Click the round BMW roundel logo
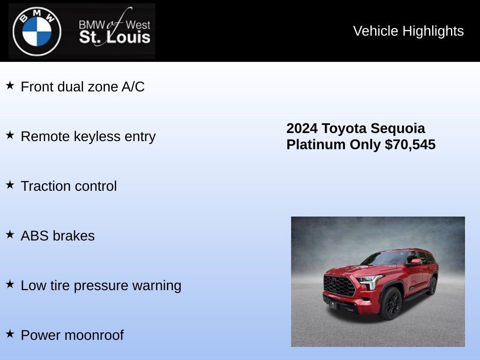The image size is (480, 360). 37,31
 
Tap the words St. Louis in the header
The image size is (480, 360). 115,37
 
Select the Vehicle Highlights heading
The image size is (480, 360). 408,31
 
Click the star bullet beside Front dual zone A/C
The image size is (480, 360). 10,86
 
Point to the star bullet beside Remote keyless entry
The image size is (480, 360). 10,135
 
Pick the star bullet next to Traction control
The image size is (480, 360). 10,185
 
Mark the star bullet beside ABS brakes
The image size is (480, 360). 10,235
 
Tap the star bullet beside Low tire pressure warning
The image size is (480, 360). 10,285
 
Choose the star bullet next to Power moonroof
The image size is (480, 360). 10,334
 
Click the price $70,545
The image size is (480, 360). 410,144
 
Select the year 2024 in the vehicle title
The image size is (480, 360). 302,128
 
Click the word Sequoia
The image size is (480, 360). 398,128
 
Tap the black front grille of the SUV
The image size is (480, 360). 339,285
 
